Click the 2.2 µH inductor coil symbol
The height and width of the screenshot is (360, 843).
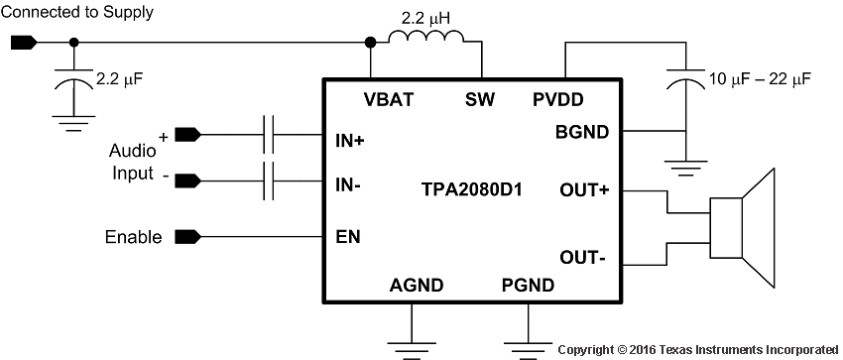point(426,39)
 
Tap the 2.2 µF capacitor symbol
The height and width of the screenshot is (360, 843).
point(70,84)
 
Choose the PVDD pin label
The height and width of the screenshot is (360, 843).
point(557,99)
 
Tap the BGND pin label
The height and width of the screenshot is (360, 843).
point(582,132)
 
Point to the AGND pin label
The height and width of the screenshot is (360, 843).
point(418,287)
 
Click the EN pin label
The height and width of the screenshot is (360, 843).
point(348,237)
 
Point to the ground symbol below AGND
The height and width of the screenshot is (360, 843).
point(410,341)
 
